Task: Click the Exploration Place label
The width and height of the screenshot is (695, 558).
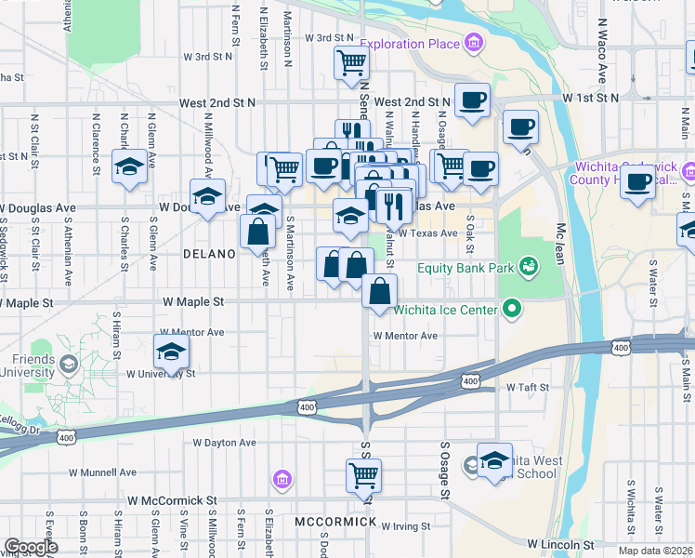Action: coord(410,44)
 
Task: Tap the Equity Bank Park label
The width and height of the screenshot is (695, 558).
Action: coord(466,268)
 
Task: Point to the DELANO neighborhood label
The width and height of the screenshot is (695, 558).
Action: coord(210,253)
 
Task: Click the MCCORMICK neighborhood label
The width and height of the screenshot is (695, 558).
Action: coord(335,522)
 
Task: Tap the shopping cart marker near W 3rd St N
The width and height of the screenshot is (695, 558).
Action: coord(352,63)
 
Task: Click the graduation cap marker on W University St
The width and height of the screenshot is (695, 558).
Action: coord(172,352)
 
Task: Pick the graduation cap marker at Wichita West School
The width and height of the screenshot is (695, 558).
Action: coord(495,458)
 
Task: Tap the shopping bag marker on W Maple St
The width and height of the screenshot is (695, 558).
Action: coord(380,291)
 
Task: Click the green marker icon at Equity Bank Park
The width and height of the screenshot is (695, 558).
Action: coord(529,268)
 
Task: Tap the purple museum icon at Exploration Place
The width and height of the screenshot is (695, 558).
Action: coord(474,43)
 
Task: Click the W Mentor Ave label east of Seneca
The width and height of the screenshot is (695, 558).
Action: coord(405,336)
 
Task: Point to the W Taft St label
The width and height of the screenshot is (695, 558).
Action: coord(531,387)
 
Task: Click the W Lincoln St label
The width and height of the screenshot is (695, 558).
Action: coord(561,543)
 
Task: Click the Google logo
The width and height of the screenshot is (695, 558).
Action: coord(31,547)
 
